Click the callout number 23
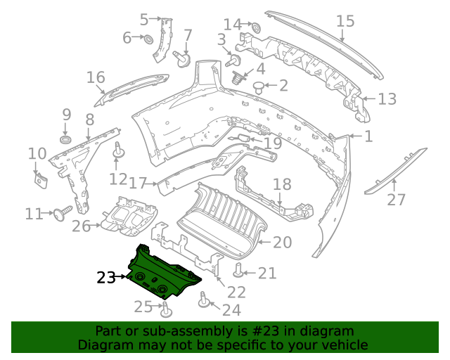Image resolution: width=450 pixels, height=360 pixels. (106, 278)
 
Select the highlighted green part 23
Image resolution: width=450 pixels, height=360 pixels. (160, 276)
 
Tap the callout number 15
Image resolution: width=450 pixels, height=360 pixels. (345, 21)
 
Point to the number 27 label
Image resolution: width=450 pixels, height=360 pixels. (397, 200)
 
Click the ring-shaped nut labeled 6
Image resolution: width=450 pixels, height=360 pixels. (149, 37)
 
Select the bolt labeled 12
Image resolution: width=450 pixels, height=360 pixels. (118, 150)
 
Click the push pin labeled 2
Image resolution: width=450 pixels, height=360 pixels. (259, 87)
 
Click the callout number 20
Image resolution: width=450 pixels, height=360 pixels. (282, 243)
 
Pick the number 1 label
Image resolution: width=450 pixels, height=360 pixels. (368, 136)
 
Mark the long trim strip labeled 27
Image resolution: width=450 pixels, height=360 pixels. (395, 169)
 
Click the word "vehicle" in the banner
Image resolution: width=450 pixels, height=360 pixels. (344, 345)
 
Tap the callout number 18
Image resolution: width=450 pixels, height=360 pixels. (281, 185)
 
